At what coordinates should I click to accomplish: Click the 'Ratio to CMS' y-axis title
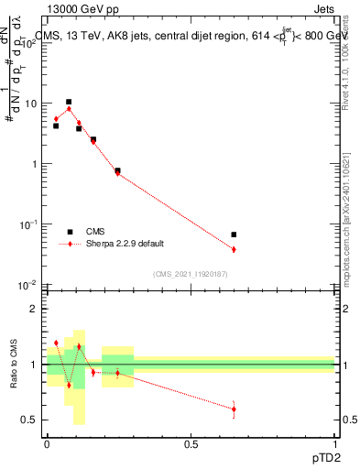point(14,364)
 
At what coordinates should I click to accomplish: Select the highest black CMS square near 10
point(69,102)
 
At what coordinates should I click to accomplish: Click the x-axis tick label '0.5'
point(191,442)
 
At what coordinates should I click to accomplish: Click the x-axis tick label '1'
point(334,442)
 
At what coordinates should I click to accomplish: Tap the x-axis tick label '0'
point(47,442)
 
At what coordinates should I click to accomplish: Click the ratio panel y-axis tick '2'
point(33,309)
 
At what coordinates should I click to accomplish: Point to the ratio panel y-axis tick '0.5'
point(28,420)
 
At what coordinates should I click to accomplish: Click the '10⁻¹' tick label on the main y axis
point(27,224)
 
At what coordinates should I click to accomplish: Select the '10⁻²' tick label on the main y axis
point(27,285)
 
